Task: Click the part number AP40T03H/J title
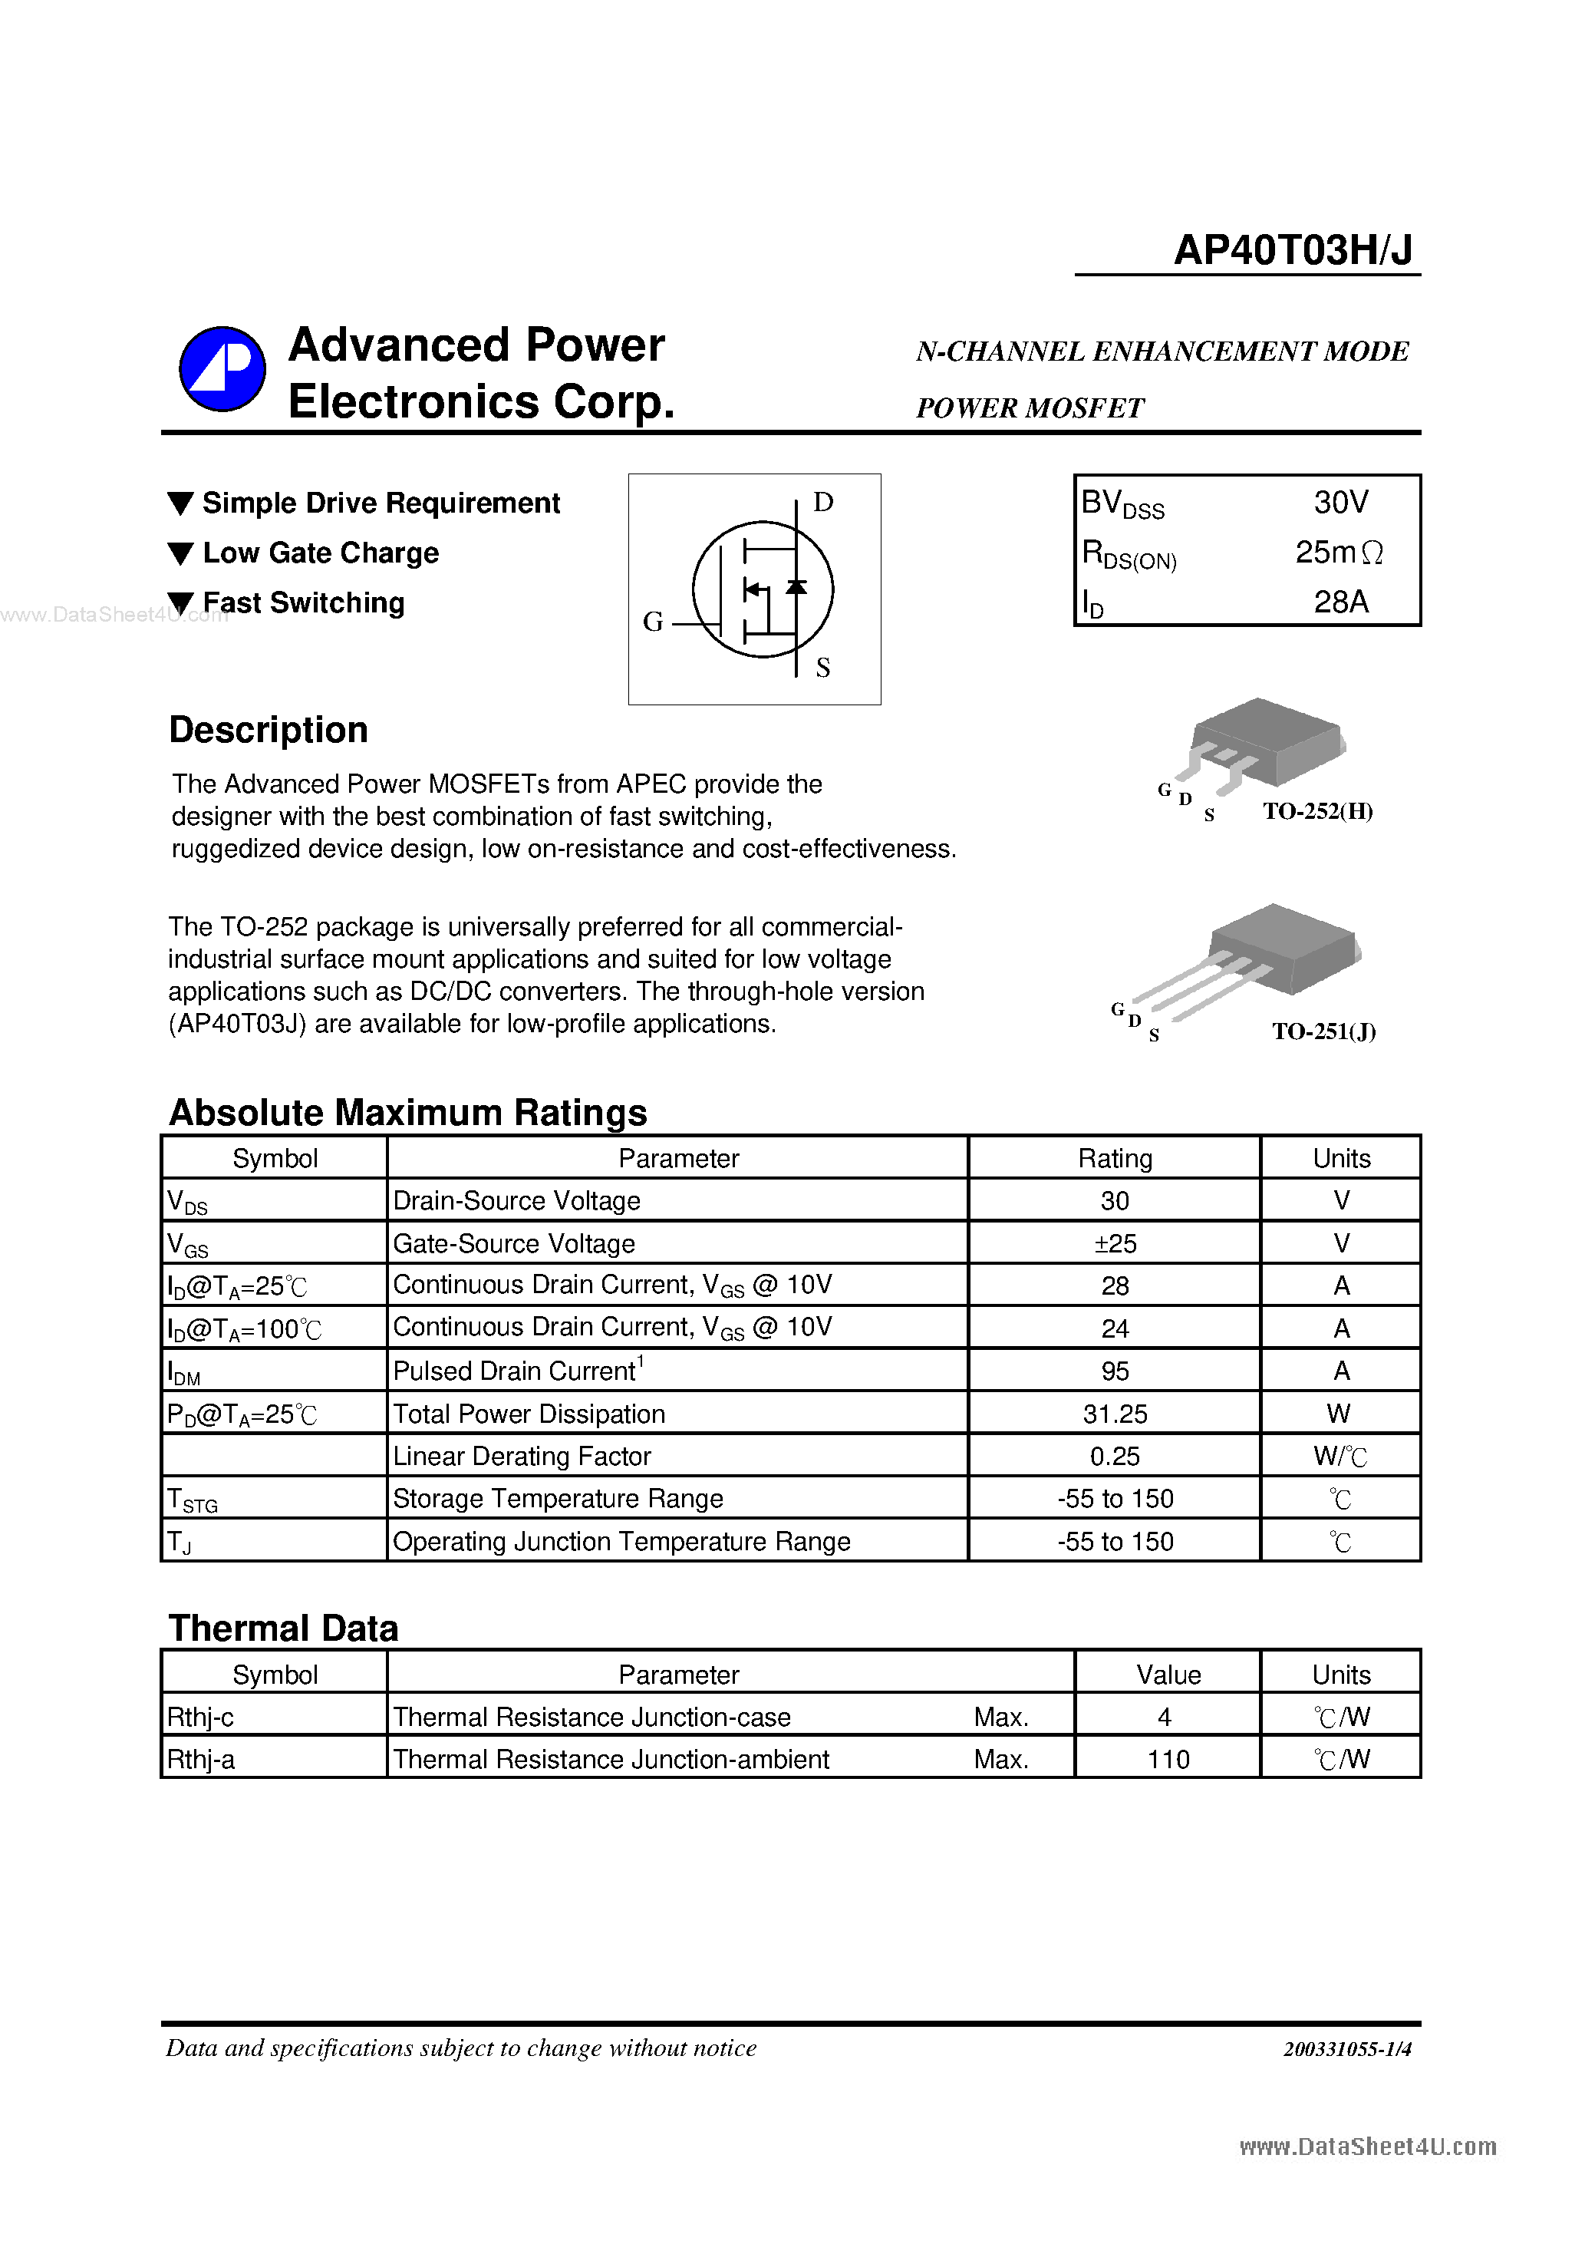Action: point(1292,250)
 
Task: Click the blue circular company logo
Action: point(222,369)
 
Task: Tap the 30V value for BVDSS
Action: point(1341,503)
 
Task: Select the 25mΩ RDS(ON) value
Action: point(1339,553)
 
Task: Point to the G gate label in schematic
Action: point(653,622)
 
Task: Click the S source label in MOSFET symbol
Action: point(822,668)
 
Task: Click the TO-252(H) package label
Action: point(1317,811)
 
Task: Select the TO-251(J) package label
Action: point(1323,1031)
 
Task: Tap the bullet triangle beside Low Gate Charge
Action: point(181,553)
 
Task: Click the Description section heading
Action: point(269,730)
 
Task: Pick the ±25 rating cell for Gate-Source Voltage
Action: point(1114,1243)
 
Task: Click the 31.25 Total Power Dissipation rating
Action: point(1114,1414)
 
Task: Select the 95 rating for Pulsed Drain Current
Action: point(1114,1371)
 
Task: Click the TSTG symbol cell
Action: point(193,1500)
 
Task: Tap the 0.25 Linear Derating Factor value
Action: point(1114,1457)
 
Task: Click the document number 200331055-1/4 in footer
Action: point(1346,2048)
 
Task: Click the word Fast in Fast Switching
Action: point(232,603)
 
